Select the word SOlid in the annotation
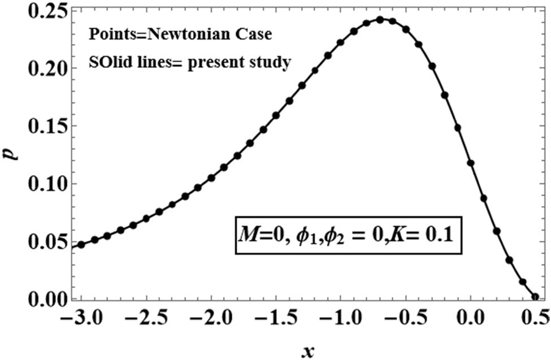click(106, 62)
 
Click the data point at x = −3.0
click(81, 245)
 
